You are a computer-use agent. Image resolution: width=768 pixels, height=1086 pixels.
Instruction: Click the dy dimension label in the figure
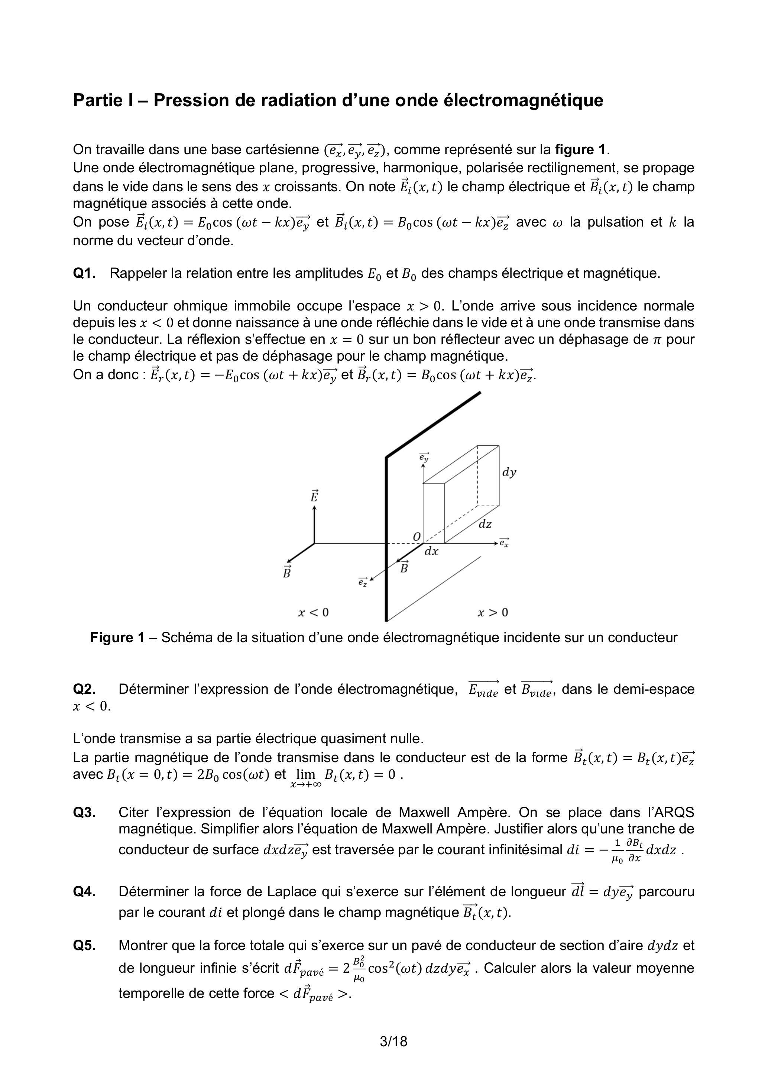pyautogui.click(x=509, y=472)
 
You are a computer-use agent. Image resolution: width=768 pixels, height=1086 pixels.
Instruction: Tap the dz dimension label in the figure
pyautogui.click(x=485, y=524)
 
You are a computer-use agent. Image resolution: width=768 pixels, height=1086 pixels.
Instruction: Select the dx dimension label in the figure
pyautogui.click(x=431, y=552)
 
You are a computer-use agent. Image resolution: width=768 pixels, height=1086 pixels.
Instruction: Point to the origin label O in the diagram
pyautogui.click(x=417, y=537)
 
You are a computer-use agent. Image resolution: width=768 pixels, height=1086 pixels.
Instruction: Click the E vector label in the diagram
pyautogui.click(x=314, y=497)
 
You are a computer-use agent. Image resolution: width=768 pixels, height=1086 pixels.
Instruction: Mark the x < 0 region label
pyautogui.click(x=313, y=612)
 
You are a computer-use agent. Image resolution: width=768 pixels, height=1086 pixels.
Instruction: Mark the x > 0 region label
pyautogui.click(x=493, y=612)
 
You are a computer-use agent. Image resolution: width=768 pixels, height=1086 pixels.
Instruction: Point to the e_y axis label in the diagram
pyautogui.click(x=424, y=457)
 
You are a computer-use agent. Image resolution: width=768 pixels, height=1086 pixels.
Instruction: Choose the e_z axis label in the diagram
pyautogui.click(x=363, y=583)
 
